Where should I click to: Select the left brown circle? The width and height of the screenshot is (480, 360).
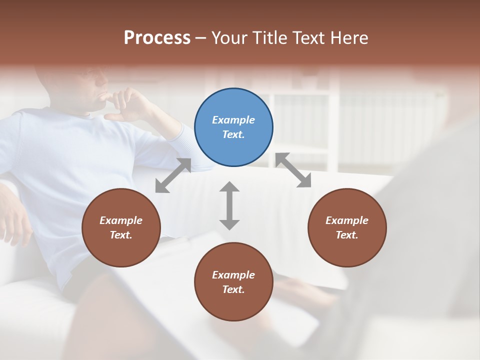(x=121, y=227)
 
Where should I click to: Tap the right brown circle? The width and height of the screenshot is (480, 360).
(x=347, y=227)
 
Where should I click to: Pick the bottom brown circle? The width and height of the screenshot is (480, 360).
(x=233, y=281)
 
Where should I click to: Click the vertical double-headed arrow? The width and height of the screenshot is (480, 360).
(x=229, y=205)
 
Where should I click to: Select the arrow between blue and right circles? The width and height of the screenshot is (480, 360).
(x=293, y=170)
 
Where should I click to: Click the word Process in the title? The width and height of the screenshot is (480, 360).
(x=157, y=37)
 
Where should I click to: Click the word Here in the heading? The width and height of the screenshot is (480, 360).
(x=349, y=37)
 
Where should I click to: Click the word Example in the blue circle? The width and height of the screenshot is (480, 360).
(x=233, y=120)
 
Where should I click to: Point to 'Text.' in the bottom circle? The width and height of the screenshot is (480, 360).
(x=233, y=289)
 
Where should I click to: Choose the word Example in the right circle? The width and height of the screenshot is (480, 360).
(x=347, y=220)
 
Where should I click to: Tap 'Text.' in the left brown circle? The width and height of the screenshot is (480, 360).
(x=121, y=235)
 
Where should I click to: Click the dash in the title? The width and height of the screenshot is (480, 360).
(x=200, y=38)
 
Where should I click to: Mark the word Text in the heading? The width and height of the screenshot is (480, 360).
(x=308, y=37)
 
